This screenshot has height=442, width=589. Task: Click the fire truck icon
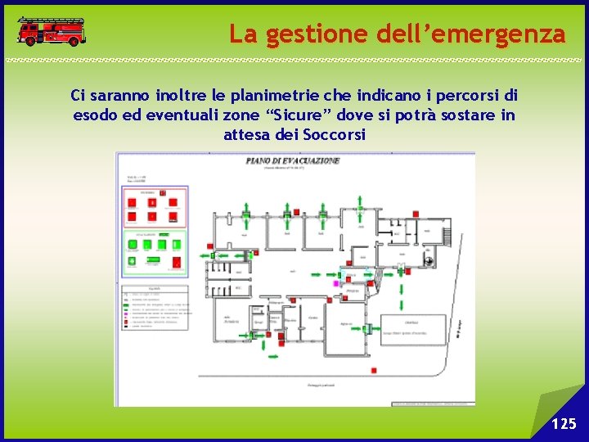[x=51, y=31]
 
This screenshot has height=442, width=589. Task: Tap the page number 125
[x=564, y=423]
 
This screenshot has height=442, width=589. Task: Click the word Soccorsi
[x=334, y=134]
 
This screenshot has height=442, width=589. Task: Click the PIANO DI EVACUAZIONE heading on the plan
[x=293, y=161]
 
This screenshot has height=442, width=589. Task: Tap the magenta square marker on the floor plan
[x=335, y=283]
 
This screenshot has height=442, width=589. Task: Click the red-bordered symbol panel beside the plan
[x=155, y=208]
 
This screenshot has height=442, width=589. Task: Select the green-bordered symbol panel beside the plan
[x=155, y=252]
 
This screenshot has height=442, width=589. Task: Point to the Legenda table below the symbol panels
[x=155, y=307]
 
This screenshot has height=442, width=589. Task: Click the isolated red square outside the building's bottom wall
[x=373, y=371]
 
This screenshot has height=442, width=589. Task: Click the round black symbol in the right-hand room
[x=430, y=261]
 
